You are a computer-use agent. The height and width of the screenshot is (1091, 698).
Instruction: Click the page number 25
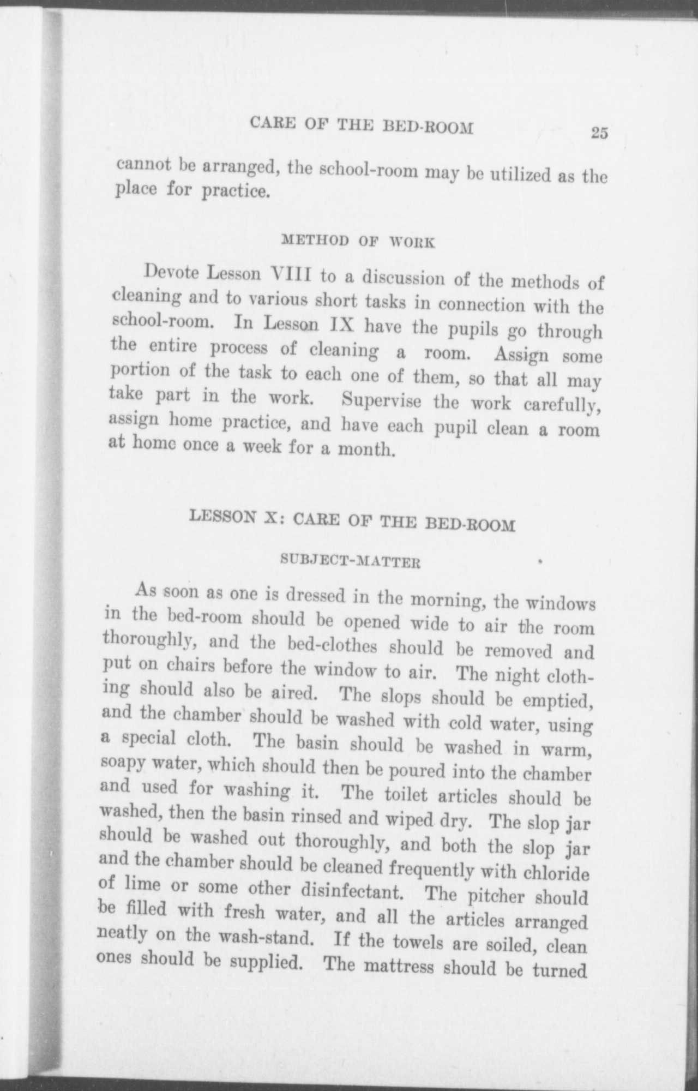click(x=599, y=133)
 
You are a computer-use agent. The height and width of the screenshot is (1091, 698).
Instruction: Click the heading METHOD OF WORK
click(x=357, y=241)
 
